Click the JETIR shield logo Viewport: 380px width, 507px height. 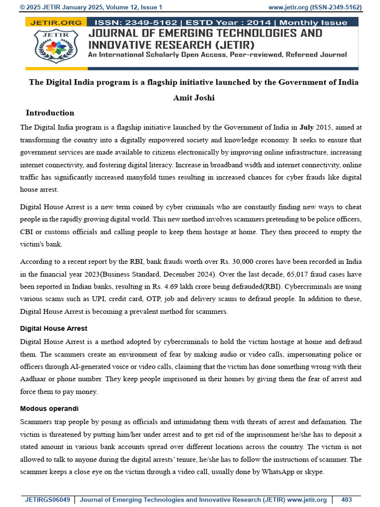tap(56, 47)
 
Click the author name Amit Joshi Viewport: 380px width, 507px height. tap(193, 98)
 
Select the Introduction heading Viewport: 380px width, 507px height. tap(50, 113)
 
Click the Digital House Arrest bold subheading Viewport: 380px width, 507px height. tap(53, 329)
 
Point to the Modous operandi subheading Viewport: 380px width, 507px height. tap(49, 409)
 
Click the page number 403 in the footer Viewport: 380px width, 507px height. tap(346, 500)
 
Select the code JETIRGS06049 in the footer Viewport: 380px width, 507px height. tap(47, 500)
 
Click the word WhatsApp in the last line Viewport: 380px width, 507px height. tap(278, 472)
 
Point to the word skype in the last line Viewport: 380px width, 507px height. tap(314, 472)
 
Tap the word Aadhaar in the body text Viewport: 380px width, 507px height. tap(34, 379)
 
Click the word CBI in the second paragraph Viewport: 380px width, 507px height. tap(27, 232)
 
